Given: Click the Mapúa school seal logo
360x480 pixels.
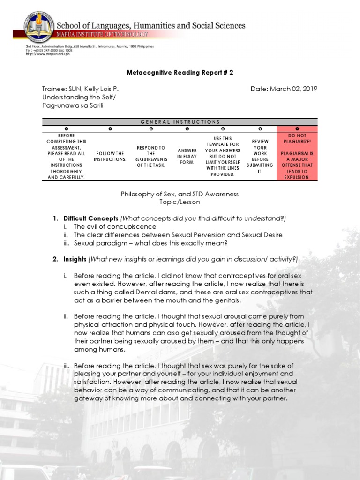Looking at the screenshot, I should (x=40, y=27).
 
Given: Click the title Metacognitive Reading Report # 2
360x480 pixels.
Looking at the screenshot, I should (x=180, y=73).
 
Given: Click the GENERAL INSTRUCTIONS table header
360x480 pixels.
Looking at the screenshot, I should (x=180, y=122).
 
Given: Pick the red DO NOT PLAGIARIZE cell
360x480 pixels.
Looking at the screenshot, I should (x=297, y=156).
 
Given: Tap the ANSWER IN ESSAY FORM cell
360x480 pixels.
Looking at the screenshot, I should (x=187, y=156).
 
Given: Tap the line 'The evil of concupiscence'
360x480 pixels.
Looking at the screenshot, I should (x=114, y=226).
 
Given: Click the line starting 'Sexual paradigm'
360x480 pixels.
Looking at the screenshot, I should (x=150, y=243).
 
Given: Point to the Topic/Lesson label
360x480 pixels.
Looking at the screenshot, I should (x=180, y=202).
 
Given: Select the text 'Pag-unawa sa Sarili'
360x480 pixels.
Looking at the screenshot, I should (x=72, y=105).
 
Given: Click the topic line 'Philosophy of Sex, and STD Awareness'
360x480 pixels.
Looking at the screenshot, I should (x=180, y=194).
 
